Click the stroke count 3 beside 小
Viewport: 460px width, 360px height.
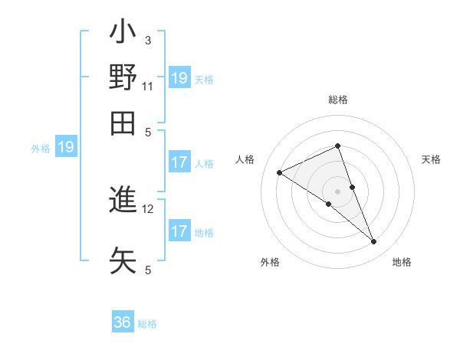click(x=148, y=40)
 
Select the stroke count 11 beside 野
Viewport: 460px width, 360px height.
click(x=148, y=86)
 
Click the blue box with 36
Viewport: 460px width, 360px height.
click(x=123, y=322)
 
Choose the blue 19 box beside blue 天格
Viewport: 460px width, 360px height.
click(x=179, y=78)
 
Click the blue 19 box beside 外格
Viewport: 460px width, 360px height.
click(x=66, y=148)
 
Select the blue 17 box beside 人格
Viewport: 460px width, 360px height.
click(x=179, y=162)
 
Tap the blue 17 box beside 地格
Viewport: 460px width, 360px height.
click(x=179, y=231)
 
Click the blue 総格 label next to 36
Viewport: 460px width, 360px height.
click(x=147, y=324)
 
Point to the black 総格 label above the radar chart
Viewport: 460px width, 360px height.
click(x=338, y=100)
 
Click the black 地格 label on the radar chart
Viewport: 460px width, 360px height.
click(x=402, y=262)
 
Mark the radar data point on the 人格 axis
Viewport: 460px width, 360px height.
click(x=279, y=173)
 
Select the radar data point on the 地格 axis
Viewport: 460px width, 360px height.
click(x=374, y=242)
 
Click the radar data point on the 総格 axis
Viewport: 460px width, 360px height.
click(x=338, y=146)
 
